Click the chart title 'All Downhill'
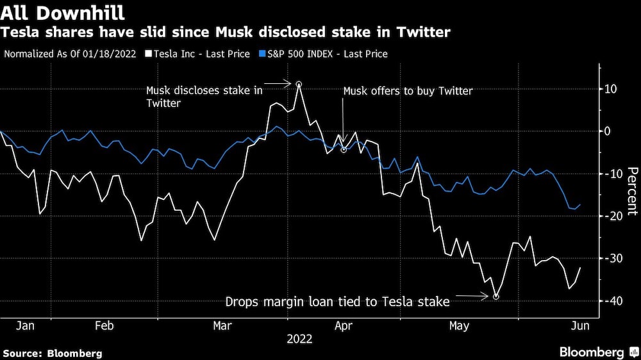(x=63, y=12)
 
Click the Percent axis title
(x=632, y=191)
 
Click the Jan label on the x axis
(x=25, y=326)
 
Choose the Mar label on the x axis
(x=222, y=326)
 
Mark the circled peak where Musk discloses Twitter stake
(x=299, y=84)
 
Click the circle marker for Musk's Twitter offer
(x=344, y=149)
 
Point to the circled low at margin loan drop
(x=496, y=296)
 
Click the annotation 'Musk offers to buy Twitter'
(x=408, y=91)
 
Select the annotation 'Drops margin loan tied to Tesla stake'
(x=337, y=302)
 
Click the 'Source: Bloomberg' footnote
(x=53, y=353)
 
